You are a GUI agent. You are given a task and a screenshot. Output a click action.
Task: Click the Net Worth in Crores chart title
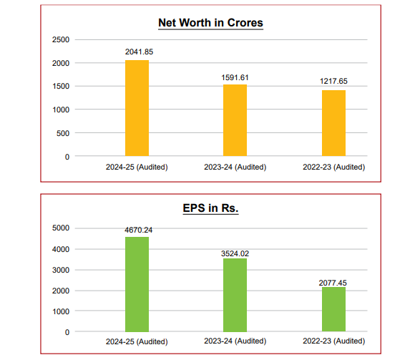(x=210, y=23)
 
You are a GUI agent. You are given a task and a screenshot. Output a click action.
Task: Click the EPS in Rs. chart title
(x=210, y=209)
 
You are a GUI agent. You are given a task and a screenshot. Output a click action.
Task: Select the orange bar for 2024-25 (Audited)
(x=137, y=108)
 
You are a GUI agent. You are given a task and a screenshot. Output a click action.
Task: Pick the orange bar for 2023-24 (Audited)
(x=235, y=120)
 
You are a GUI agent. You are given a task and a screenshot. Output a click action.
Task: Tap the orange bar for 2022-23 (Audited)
(x=333, y=123)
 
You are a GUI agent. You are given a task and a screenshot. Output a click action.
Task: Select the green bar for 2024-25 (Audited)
(x=137, y=284)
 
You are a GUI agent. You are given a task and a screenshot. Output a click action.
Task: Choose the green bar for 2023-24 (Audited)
(x=235, y=295)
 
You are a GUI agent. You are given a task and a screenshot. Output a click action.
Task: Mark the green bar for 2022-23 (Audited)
(x=333, y=309)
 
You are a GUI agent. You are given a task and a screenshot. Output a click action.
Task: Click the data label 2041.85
(x=137, y=52)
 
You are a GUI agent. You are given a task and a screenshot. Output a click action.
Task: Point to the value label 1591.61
(x=235, y=77)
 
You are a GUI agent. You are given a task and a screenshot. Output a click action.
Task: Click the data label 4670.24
(x=137, y=230)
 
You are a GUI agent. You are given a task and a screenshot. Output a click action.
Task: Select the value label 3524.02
(x=235, y=253)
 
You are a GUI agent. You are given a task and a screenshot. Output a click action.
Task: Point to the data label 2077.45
(x=333, y=283)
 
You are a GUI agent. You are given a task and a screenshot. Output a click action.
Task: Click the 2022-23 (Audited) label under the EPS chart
(x=333, y=341)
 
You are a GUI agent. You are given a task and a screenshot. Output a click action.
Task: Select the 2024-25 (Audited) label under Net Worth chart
(x=137, y=167)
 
